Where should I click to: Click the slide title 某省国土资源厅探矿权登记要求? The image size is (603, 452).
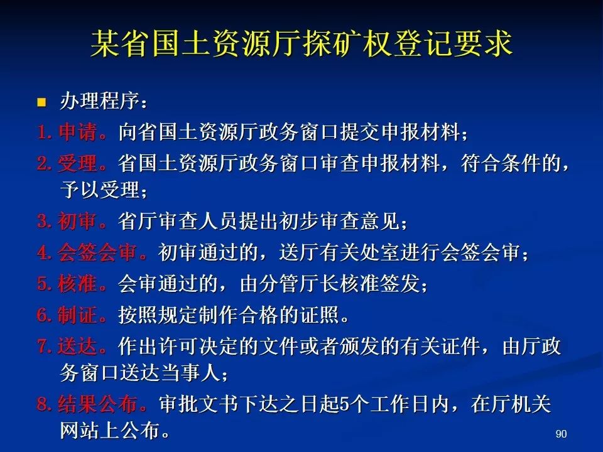[301, 43]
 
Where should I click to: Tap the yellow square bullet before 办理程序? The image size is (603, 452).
[41, 102]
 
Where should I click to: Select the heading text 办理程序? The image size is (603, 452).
[100, 101]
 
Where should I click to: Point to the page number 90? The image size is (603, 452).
[561, 434]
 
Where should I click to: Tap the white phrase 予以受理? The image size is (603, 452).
[100, 190]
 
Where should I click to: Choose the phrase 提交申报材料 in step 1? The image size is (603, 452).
[399, 132]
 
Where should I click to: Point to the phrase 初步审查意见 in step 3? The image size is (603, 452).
[340, 221]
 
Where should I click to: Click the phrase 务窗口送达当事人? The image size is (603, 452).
[139, 372]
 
